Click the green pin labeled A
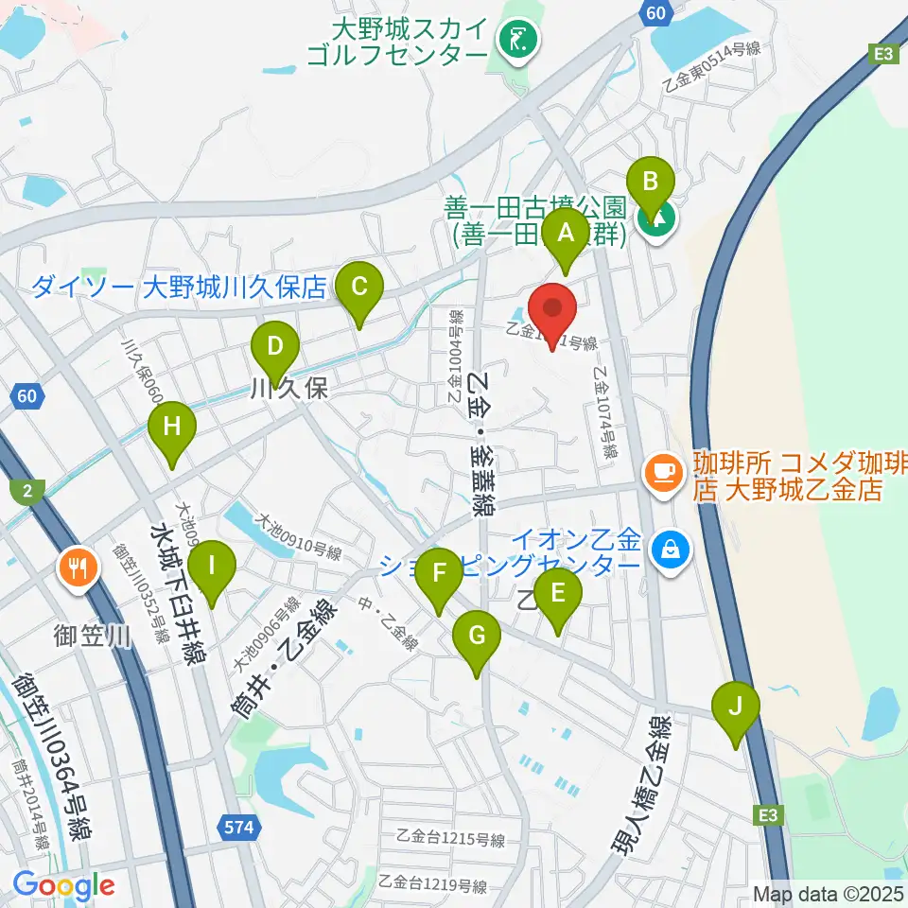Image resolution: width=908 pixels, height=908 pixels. tap(567, 235)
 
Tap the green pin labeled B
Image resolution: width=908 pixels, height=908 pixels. tap(650, 183)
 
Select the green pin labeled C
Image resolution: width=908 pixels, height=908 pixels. tap(358, 287)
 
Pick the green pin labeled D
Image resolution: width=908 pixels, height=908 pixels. tap(274, 347)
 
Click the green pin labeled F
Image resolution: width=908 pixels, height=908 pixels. tap(439, 574)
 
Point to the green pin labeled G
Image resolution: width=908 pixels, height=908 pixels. tap(477, 636)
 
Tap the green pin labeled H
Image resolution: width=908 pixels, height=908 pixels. tap(171, 428)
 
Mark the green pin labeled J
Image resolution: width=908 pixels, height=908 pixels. tap(738, 707)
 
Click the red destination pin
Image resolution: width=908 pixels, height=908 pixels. tap(552, 311)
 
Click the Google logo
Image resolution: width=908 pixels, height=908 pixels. tap(63, 885)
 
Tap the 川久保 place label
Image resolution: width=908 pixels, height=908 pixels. tap(288, 389)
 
